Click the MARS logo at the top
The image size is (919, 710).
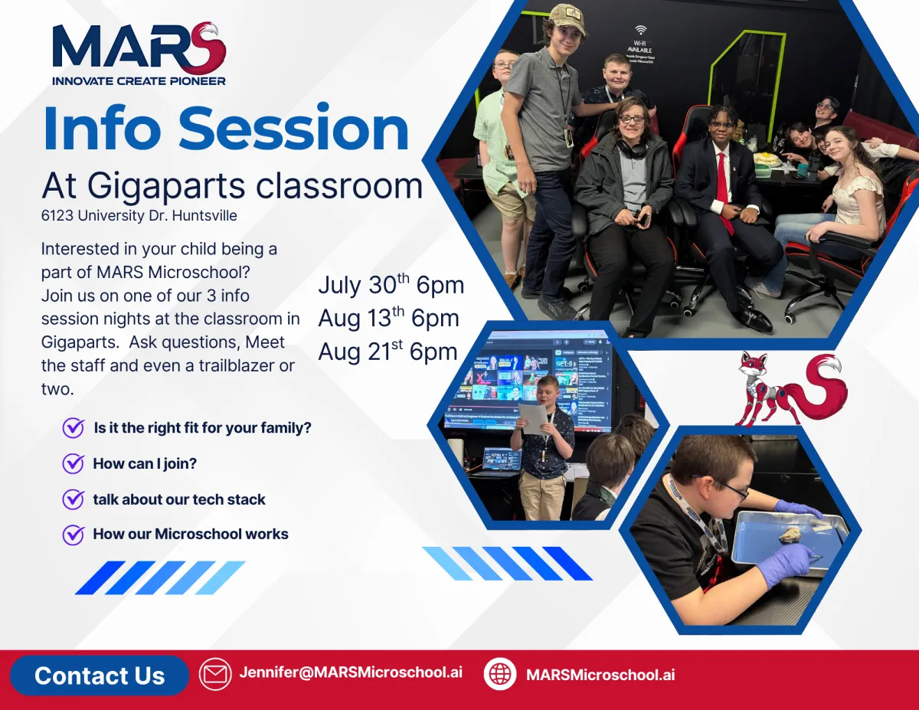tap(139, 53)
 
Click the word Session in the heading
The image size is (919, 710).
tap(294, 128)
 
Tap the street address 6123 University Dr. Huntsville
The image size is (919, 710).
tap(139, 216)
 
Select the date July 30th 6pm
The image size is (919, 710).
tap(391, 285)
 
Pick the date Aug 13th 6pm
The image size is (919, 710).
tap(389, 318)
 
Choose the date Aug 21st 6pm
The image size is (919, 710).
tap(388, 351)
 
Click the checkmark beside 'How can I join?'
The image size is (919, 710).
tap(74, 463)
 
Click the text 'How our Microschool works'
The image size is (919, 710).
tap(191, 534)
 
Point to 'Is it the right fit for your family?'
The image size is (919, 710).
tap(203, 428)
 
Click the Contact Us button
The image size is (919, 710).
tap(100, 676)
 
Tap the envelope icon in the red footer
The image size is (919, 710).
tap(215, 674)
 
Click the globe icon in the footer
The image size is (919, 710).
tap(500, 674)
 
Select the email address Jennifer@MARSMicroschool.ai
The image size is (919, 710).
tap(351, 672)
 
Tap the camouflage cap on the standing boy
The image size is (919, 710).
tap(567, 19)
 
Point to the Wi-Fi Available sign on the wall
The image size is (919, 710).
tap(640, 44)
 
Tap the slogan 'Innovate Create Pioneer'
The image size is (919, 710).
tap(139, 80)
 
